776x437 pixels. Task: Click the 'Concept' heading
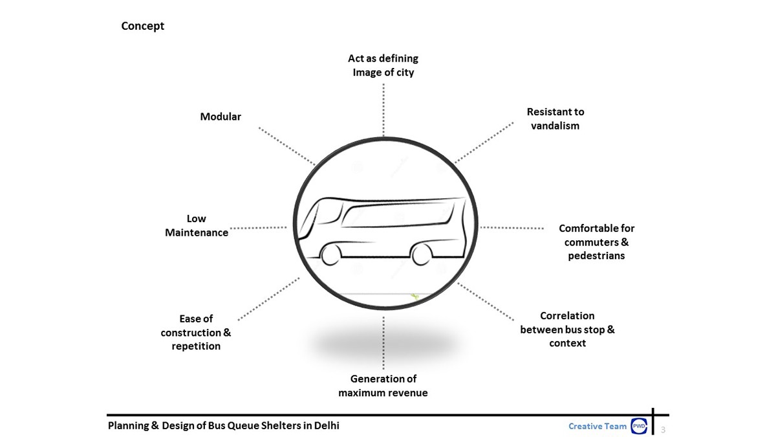(x=143, y=26)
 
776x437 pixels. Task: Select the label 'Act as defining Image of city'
(x=383, y=65)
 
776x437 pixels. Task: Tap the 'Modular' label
(x=221, y=117)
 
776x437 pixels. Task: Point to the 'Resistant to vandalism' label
(x=555, y=118)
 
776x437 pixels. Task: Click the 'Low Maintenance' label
(x=197, y=225)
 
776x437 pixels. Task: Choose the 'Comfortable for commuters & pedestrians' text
(x=596, y=241)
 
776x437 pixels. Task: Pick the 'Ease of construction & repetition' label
(x=196, y=332)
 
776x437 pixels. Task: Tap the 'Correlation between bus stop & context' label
(x=567, y=329)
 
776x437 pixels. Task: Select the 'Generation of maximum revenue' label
(x=383, y=385)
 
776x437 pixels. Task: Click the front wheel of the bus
(x=331, y=254)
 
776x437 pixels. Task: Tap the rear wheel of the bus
(x=422, y=254)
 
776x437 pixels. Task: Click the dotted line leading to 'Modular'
(x=286, y=146)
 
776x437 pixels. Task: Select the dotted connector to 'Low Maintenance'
(x=259, y=228)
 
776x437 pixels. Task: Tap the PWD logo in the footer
(x=638, y=426)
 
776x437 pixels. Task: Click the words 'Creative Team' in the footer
(x=598, y=426)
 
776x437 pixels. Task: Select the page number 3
(x=663, y=429)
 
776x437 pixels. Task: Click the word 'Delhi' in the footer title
(x=326, y=425)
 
